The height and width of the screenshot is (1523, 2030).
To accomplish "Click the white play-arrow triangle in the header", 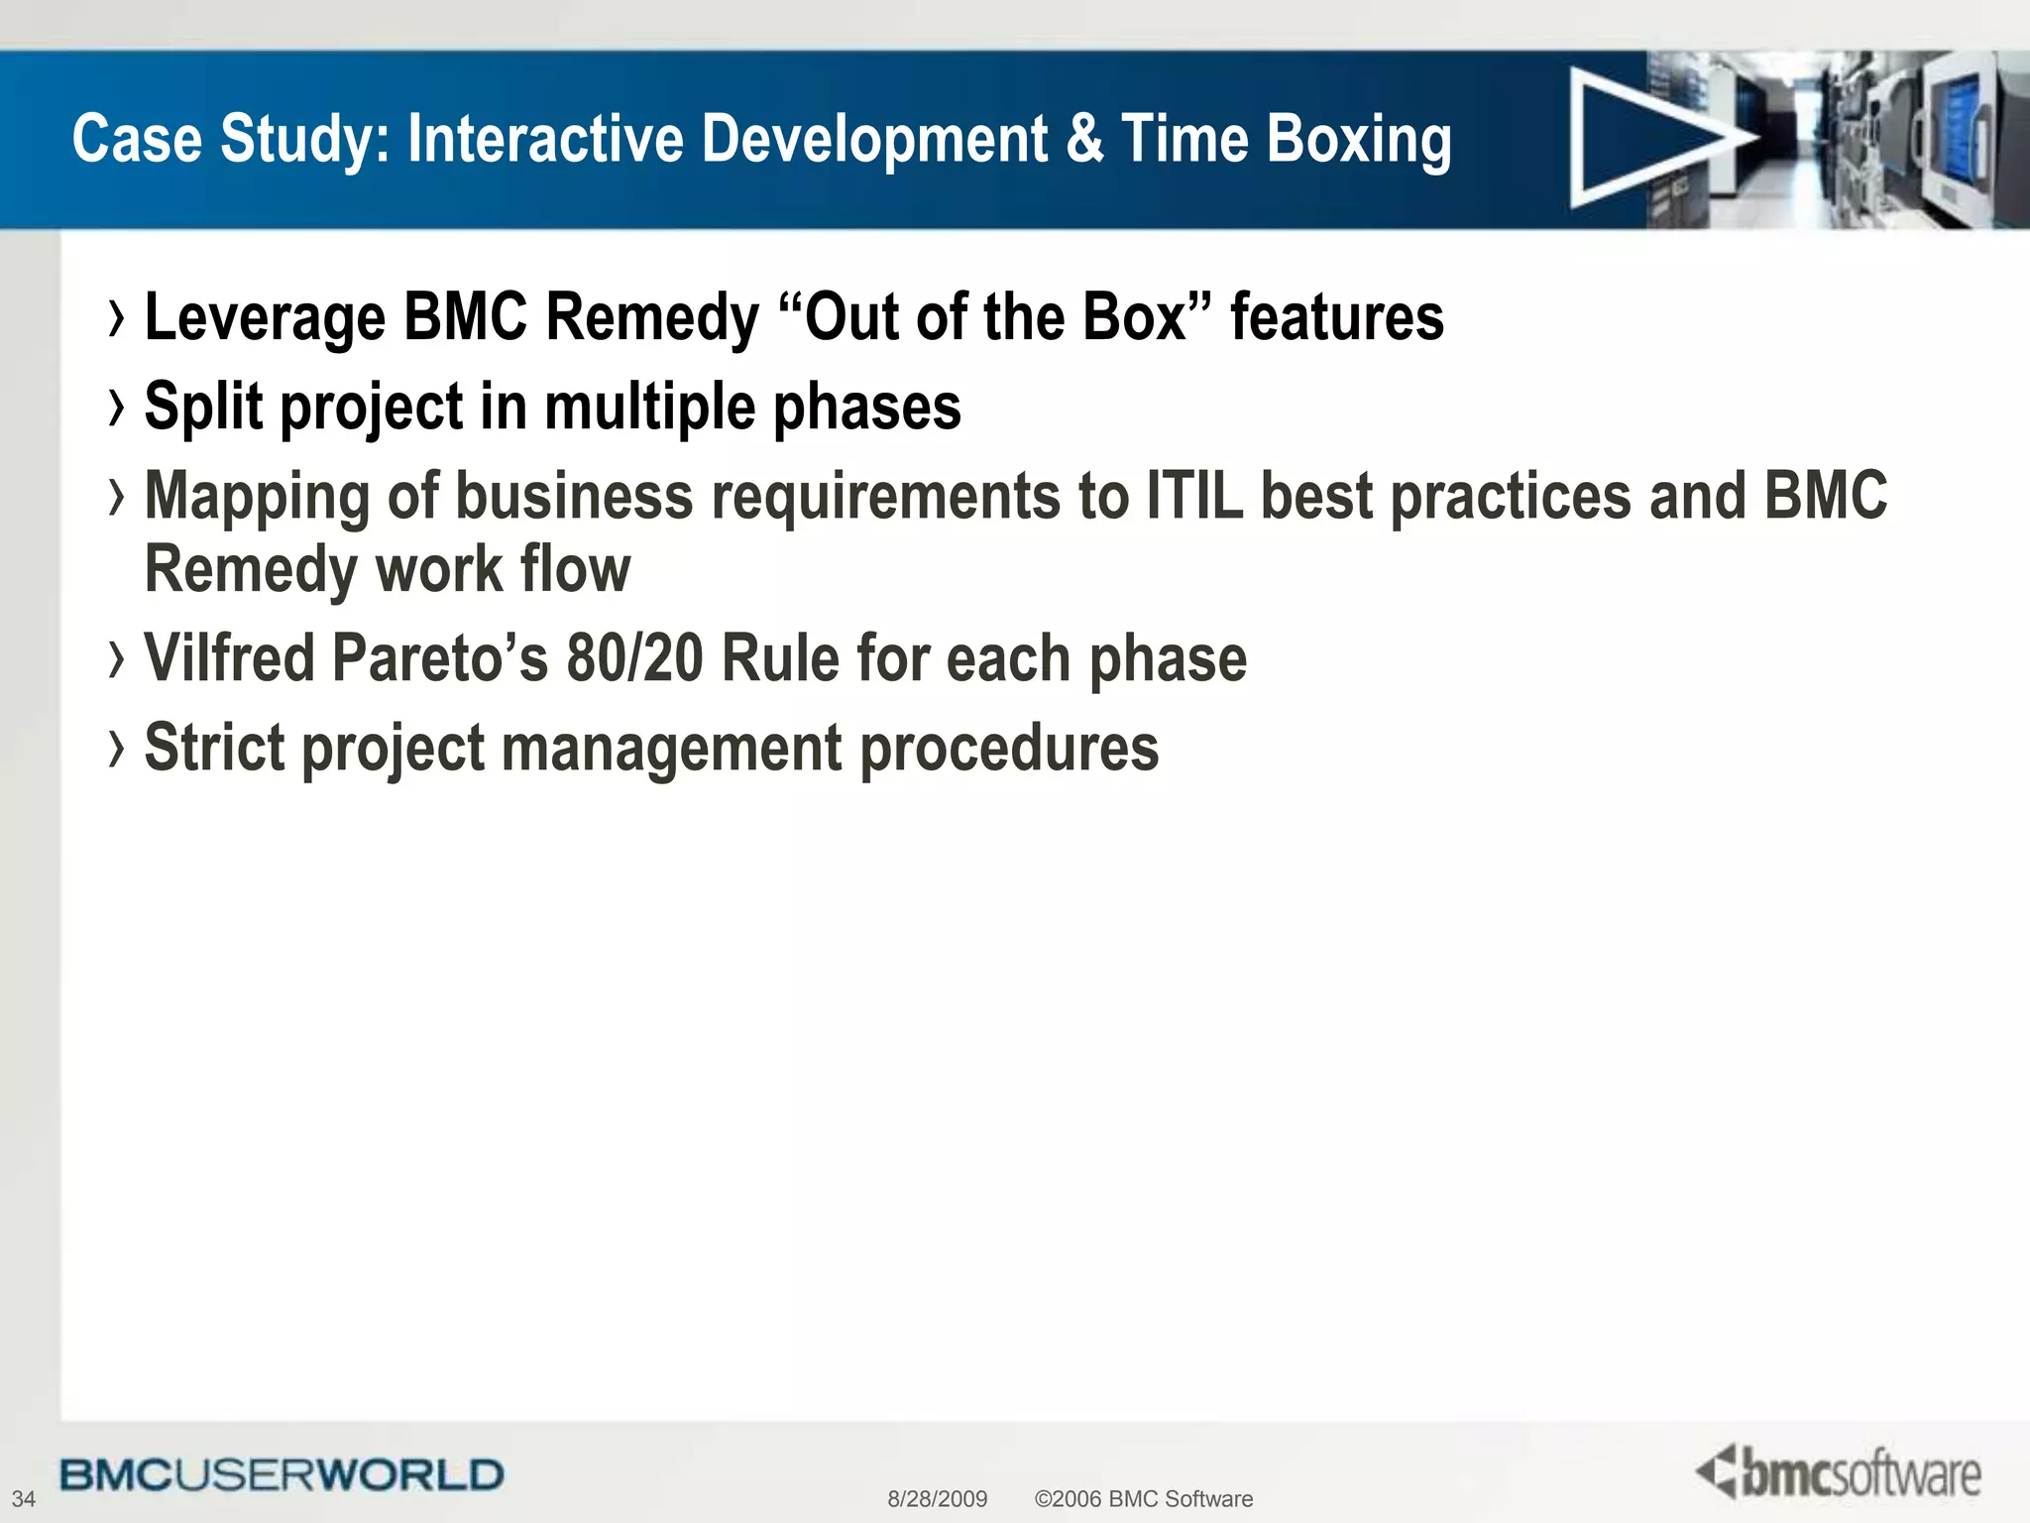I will pyautogui.click(x=1650, y=139).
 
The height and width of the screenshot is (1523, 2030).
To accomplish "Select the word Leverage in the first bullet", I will pyautogui.click(x=265, y=318).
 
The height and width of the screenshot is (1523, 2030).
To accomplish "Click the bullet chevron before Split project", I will pyautogui.click(x=117, y=407).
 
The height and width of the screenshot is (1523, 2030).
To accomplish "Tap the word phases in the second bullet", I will pyautogui.click(x=866, y=407).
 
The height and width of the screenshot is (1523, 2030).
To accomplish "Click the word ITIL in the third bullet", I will pyautogui.click(x=1193, y=495).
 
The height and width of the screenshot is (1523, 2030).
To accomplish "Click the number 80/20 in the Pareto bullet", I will pyautogui.click(x=634, y=658).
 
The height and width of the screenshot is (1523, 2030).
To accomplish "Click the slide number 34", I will pyautogui.click(x=23, y=1498).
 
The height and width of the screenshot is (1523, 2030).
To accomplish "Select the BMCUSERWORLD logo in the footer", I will pyautogui.click(x=282, y=1475).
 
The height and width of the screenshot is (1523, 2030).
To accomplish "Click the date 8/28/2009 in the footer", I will pyautogui.click(x=937, y=1499).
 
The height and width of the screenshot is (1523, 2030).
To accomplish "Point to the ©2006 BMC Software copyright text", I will pyautogui.click(x=1143, y=1499).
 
